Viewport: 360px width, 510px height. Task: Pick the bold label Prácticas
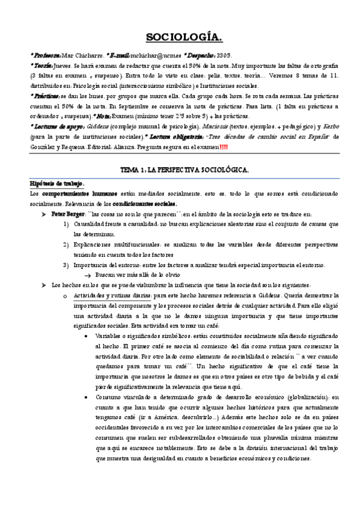tap(46, 96)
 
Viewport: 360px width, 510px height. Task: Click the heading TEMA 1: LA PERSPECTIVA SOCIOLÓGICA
tap(185, 171)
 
